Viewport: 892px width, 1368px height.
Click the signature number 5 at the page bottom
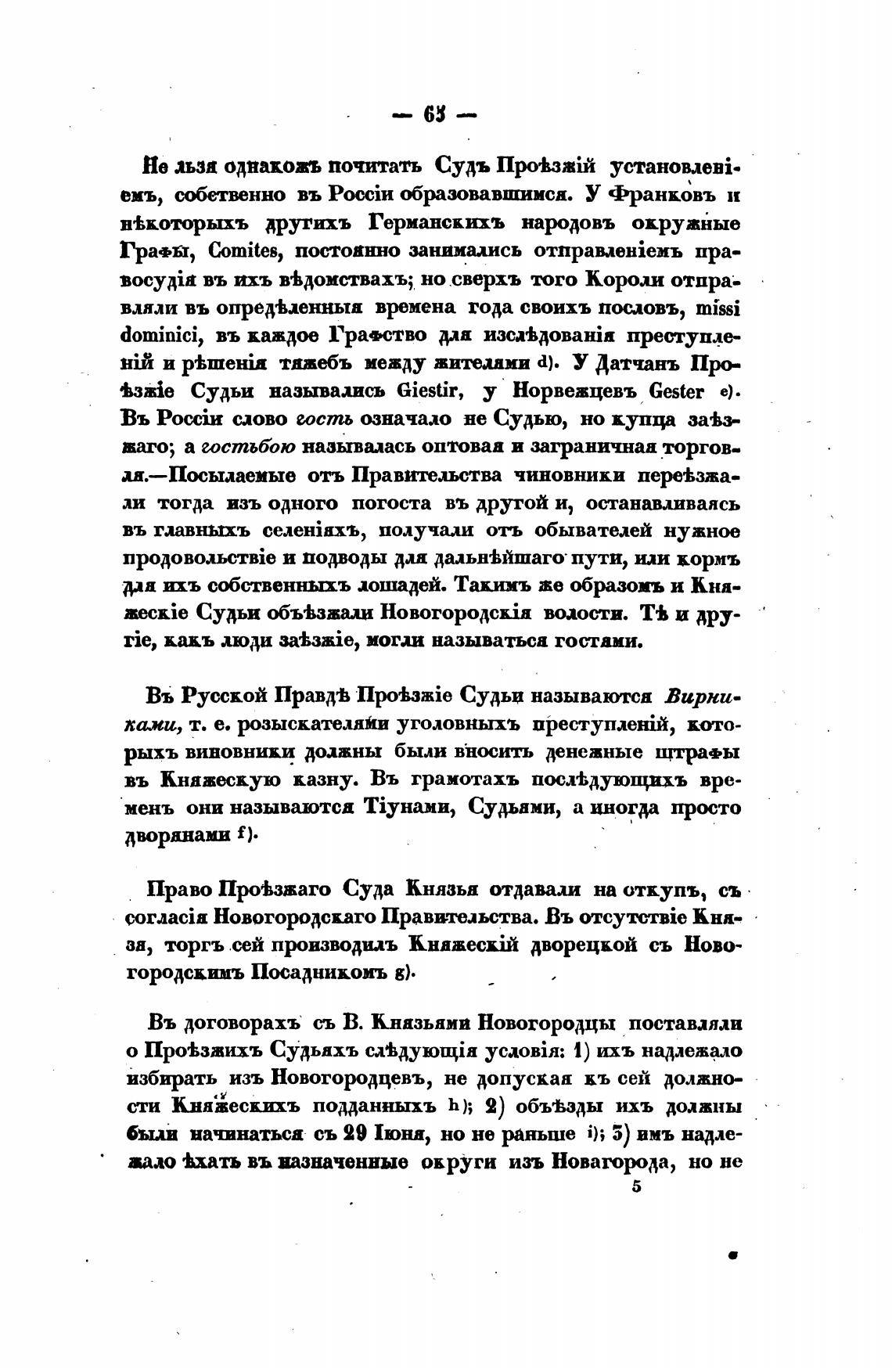click(635, 1186)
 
